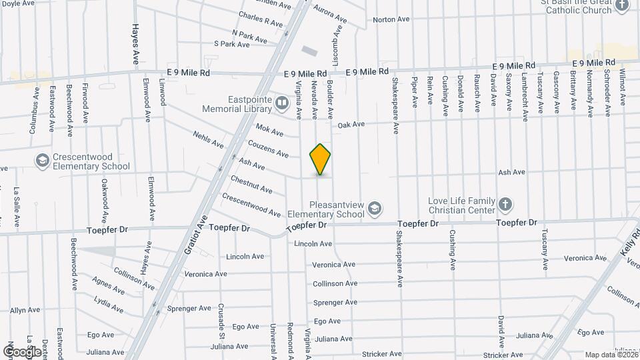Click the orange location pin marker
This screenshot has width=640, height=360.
tap(320, 159)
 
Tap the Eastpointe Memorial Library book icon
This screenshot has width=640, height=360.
tap(282, 103)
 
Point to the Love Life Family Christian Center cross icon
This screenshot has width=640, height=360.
tap(505, 204)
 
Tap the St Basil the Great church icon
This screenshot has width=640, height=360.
tap(623, 6)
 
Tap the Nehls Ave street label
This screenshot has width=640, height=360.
tap(208, 140)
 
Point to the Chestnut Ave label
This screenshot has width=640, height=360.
tap(251, 185)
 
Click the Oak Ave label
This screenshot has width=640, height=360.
tap(351, 124)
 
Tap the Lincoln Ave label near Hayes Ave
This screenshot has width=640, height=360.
tap(246, 256)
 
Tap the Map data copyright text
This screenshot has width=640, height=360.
tap(608, 355)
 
